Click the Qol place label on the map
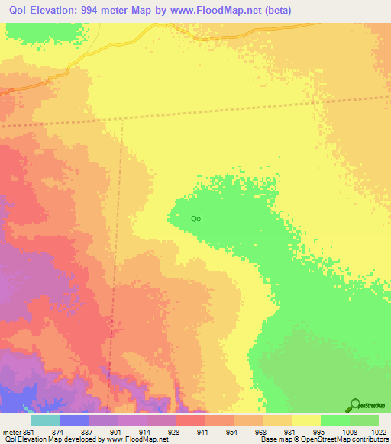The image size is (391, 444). (197, 219)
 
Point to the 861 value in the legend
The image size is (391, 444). (29, 432)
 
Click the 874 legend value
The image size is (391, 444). (58, 432)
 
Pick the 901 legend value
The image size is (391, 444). (116, 432)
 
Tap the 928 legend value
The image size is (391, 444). (174, 432)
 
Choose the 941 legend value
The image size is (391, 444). (203, 432)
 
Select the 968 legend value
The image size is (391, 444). (261, 432)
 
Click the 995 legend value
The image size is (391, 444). (319, 432)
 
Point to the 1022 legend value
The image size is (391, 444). (379, 432)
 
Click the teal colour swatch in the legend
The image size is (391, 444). (45, 420)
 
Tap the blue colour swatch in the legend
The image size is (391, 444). (74, 420)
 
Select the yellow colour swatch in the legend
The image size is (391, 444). (306, 420)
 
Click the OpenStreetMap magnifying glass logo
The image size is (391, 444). (354, 406)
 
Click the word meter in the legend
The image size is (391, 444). (11, 432)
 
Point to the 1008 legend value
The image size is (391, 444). (348, 432)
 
